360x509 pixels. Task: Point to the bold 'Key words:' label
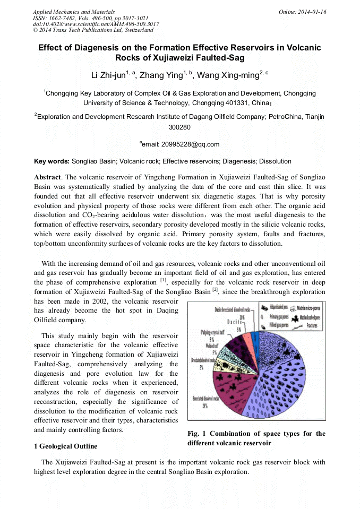[x=52, y=161]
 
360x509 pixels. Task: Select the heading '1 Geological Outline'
[x=65, y=446]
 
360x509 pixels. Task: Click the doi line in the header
[x=96, y=24]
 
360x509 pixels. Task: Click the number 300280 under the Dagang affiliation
[x=179, y=127]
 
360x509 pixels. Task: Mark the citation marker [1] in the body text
[x=164, y=280]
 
